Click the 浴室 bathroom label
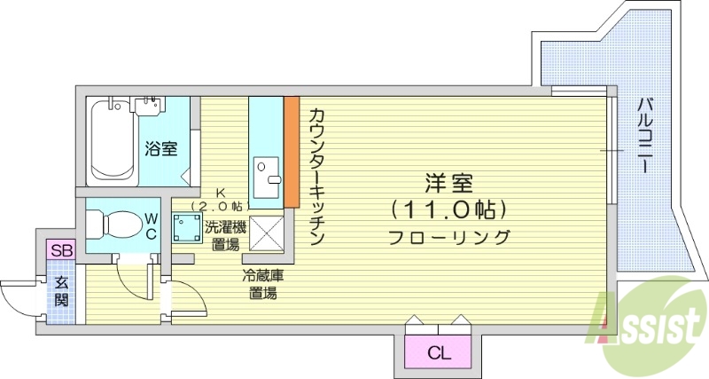[x=160, y=148]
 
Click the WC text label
[x=151, y=225]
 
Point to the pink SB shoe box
[x=61, y=250]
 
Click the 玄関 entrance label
[x=61, y=291]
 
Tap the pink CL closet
[x=439, y=352]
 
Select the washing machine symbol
[x=184, y=228]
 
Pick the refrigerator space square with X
[x=265, y=233]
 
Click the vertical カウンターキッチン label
[x=316, y=177]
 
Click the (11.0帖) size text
[x=448, y=210]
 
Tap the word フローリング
[x=448, y=238]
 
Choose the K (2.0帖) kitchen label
[x=220, y=200]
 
